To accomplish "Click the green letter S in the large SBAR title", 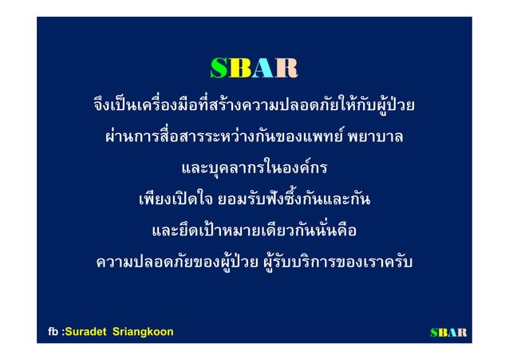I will [x=220, y=70].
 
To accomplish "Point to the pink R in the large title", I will [x=286, y=70].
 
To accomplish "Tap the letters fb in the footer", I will [x=53, y=331].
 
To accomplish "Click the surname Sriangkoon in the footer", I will [x=144, y=331].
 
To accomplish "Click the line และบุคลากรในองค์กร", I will [x=254, y=168].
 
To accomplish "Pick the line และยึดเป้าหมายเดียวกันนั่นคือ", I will [x=254, y=231].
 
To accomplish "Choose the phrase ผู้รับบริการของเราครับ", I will [x=335, y=262].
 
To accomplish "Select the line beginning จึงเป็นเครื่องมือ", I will [x=254, y=106].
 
